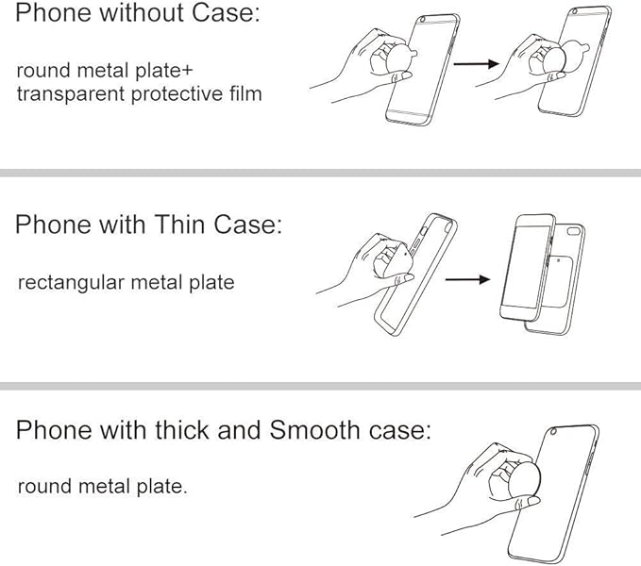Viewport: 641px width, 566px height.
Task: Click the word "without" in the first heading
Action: click(x=143, y=12)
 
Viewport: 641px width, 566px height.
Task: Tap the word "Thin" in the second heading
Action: click(x=179, y=225)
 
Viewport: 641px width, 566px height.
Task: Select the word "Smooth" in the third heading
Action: click(x=314, y=429)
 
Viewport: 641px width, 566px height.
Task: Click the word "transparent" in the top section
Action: click(x=71, y=94)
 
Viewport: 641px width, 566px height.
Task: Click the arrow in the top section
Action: click(x=476, y=64)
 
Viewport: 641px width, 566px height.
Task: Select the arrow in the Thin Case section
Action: click(x=467, y=279)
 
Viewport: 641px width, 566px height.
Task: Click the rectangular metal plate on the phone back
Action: click(x=559, y=282)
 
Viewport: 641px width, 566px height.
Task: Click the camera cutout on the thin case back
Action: click(x=573, y=231)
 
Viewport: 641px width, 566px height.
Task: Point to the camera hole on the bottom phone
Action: click(x=553, y=432)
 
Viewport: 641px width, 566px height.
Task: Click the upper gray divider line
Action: click(x=321, y=173)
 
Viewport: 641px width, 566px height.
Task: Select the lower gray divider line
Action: click(x=321, y=386)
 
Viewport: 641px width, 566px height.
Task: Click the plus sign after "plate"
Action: click(x=186, y=71)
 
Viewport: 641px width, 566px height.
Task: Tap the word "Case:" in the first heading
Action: click(x=226, y=12)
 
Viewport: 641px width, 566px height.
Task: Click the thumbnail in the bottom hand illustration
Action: click(x=533, y=501)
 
